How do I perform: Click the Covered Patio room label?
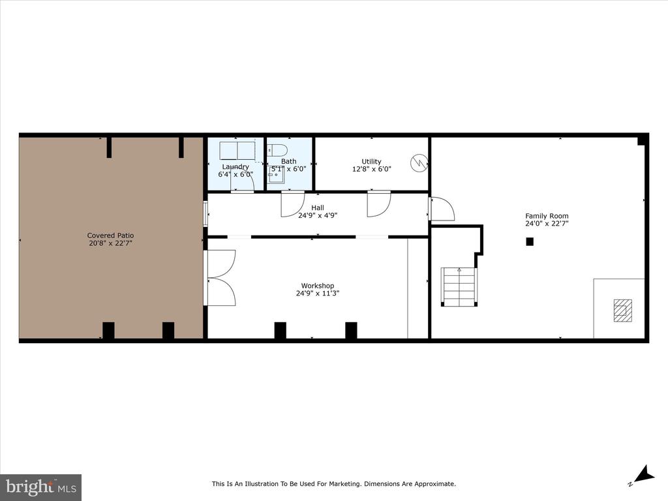click(x=111, y=235)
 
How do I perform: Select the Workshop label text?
click(x=318, y=286)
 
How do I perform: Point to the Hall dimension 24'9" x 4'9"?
click(x=318, y=216)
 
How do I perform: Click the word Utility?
click(x=371, y=162)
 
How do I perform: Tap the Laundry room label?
click(x=235, y=167)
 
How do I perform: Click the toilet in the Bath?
click(x=278, y=149)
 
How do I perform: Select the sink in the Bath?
click(x=276, y=174)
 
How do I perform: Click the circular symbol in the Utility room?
click(x=417, y=162)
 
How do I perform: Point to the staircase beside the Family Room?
click(x=459, y=286)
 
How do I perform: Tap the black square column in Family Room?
click(x=530, y=241)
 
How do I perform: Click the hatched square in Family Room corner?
click(x=622, y=309)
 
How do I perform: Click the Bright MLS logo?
click(x=40, y=487)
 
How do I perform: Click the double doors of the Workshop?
click(x=220, y=278)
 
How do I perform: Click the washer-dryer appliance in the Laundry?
click(x=236, y=151)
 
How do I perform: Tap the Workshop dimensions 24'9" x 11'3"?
click(x=318, y=294)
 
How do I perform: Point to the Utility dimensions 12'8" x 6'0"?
click(x=371, y=169)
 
